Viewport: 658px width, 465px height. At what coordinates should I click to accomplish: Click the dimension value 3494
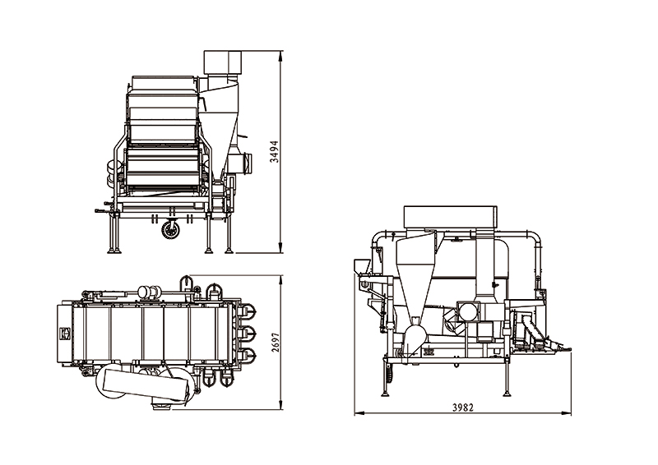(x=275, y=151)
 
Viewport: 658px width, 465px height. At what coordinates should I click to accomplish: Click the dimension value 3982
(x=463, y=407)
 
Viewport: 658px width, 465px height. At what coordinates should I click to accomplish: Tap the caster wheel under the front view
(x=170, y=230)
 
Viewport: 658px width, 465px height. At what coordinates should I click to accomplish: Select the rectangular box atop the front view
(x=223, y=63)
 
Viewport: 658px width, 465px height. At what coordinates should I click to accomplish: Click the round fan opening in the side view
(x=468, y=311)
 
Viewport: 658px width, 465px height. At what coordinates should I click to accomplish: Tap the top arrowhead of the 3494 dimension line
(x=280, y=53)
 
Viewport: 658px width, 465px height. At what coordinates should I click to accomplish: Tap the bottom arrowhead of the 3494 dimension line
(x=280, y=250)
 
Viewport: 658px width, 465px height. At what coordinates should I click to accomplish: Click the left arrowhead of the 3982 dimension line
(x=358, y=413)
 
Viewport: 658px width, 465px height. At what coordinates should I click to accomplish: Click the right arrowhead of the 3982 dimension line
(x=568, y=413)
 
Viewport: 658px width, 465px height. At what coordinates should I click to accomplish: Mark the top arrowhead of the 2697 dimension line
(x=280, y=279)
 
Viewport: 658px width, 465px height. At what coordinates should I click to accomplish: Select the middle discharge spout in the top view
(x=248, y=334)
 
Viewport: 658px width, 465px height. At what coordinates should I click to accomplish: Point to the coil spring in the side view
(x=388, y=373)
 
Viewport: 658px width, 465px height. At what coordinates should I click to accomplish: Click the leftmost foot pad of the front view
(x=114, y=251)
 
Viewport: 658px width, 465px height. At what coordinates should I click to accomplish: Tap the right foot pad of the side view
(x=507, y=394)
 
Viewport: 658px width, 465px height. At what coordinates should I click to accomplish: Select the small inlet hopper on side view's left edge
(x=362, y=266)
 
